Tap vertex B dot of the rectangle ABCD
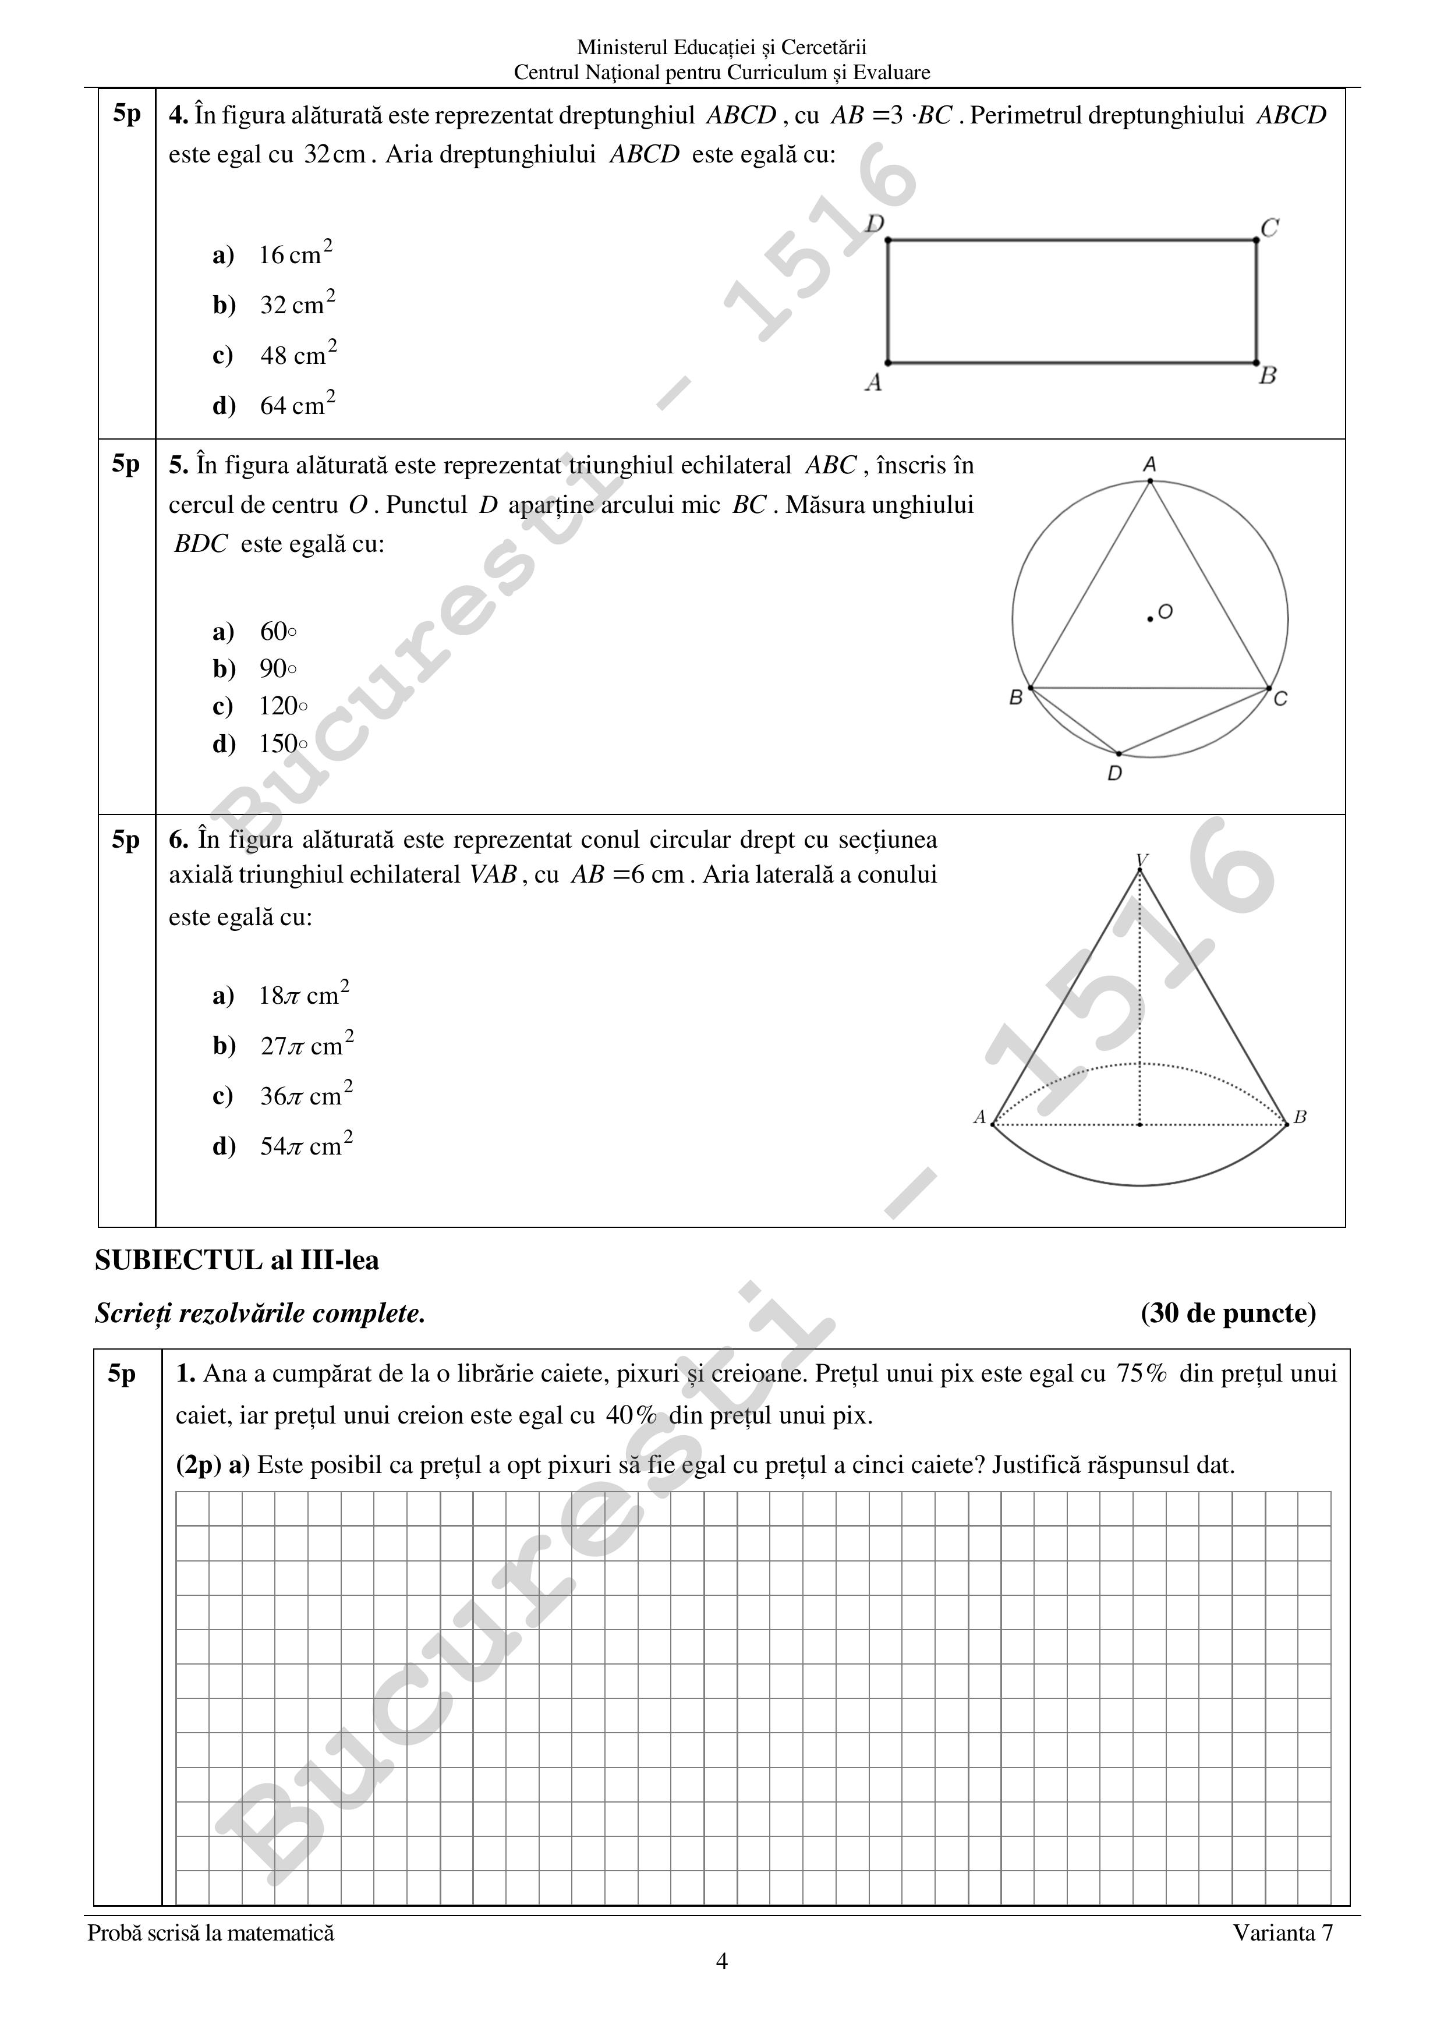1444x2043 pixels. pyautogui.click(x=1257, y=363)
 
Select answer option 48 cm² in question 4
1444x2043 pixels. pyautogui.click(x=297, y=355)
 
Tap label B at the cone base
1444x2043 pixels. pyautogui.click(x=1300, y=1117)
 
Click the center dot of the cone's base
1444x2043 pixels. pyautogui.click(x=1139, y=1125)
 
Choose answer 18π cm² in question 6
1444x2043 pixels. pyautogui.click(x=303, y=995)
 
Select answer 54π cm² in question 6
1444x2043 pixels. pyautogui.click(x=305, y=1146)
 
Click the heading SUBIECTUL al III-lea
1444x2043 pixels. pyautogui.click(x=236, y=1260)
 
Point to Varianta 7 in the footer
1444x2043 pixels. pyautogui.click(x=1283, y=1932)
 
